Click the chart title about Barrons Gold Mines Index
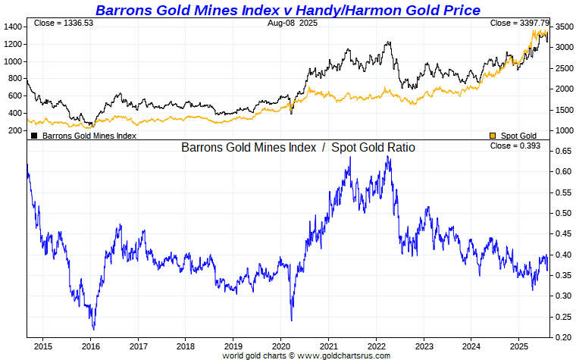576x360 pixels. click(x=287, y=10)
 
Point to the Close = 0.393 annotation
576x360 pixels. click(x=515, y=146)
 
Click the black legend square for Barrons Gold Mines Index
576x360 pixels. click(x=34, y=136)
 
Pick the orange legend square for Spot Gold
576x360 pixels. click(x=493, y=136)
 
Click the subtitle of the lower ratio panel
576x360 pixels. click(x=298, y=147)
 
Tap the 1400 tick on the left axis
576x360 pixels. click(x=13, y=27)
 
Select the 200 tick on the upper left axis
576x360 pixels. click(x=15, y=130)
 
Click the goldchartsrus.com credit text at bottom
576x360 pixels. click(x=306, y=355)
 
